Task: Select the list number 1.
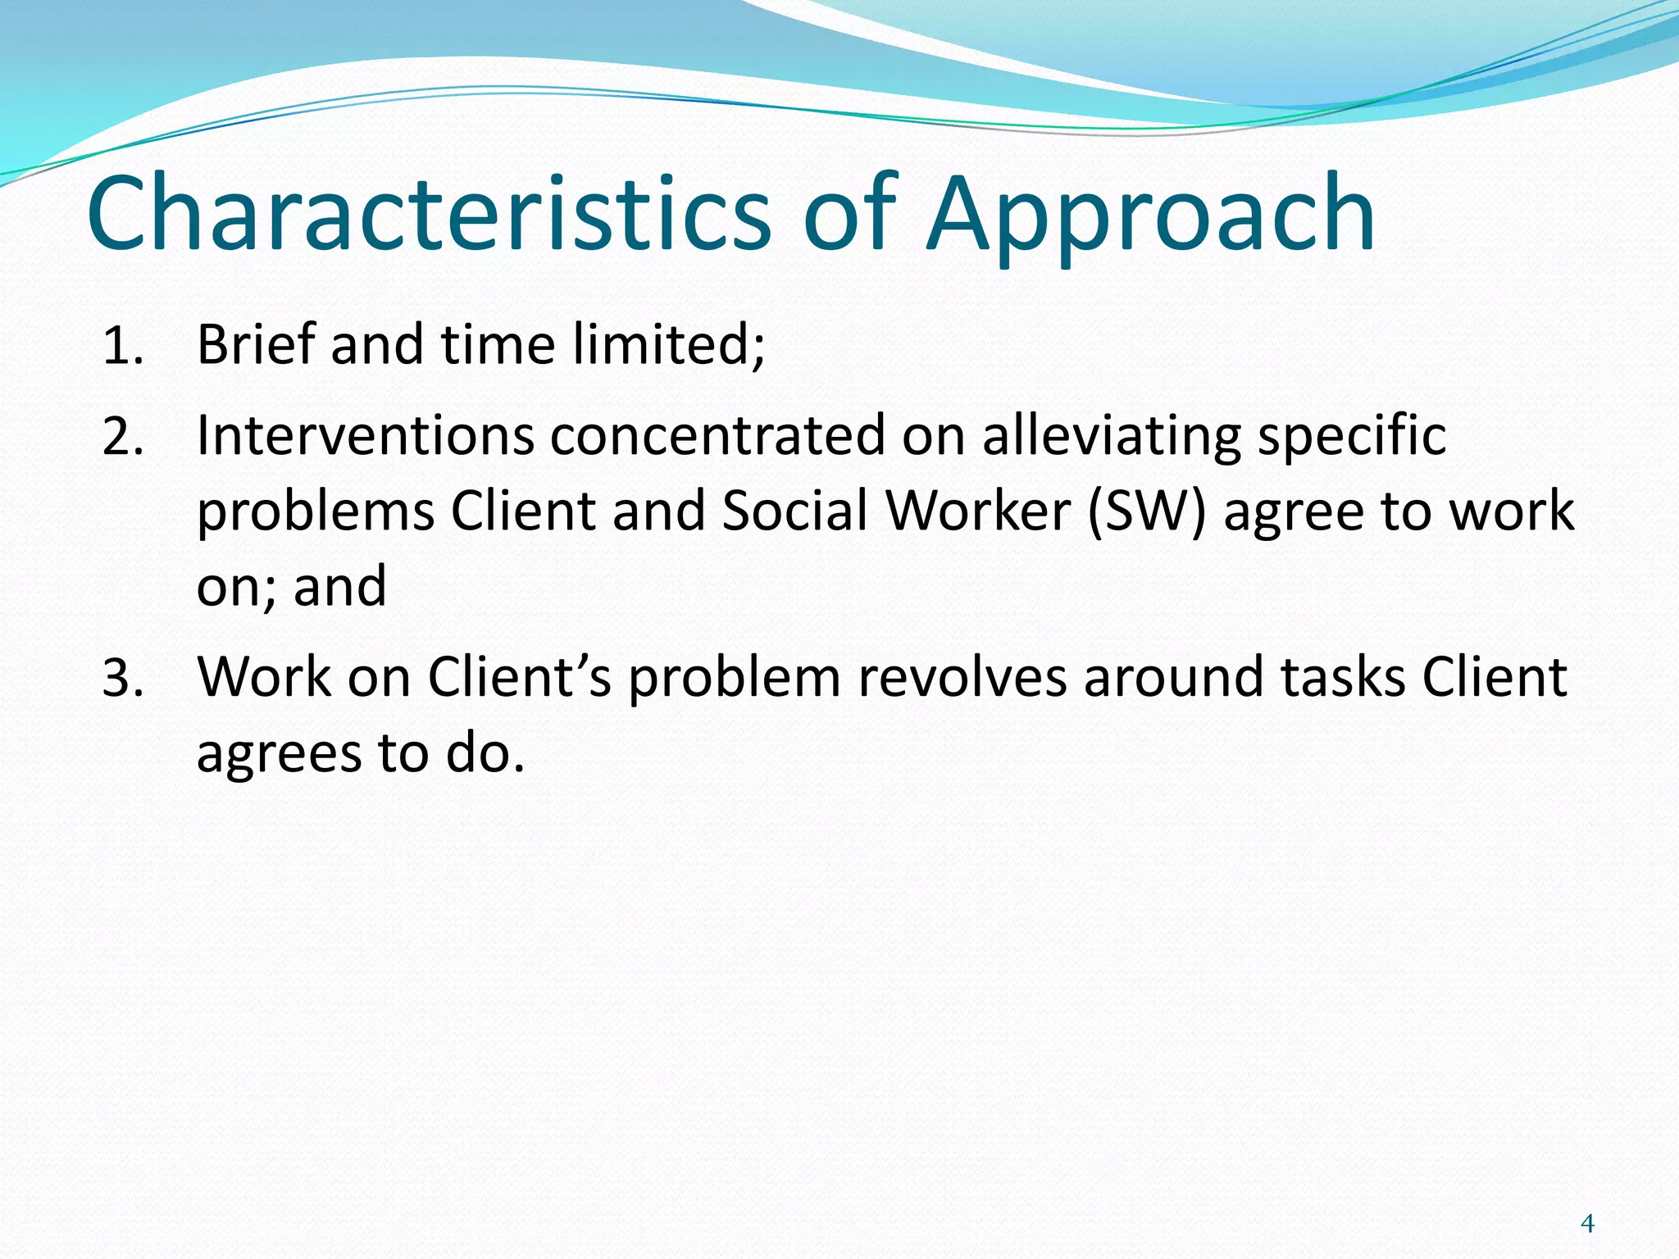123,347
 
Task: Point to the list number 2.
123,437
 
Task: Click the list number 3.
123,679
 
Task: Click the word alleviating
1112,436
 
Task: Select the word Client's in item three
520,678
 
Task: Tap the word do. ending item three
485,753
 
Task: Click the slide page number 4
1587,1224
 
